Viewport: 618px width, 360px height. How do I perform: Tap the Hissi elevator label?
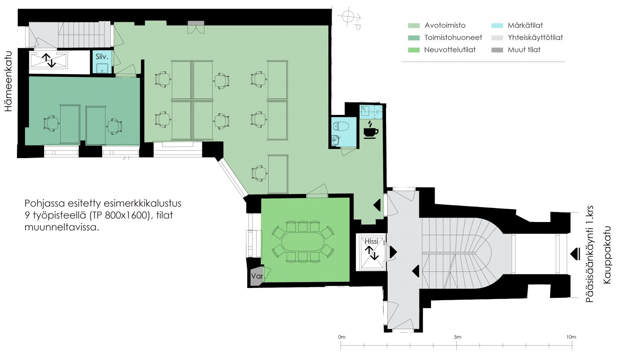[x=371, y=241]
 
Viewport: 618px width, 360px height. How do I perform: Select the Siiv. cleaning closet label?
[x=102, y=57]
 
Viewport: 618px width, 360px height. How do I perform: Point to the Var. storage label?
[x=257, y=276]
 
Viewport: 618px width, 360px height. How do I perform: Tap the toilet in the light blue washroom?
[x=341, y=126]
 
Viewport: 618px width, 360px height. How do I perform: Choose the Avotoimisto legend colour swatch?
[x=414, y=26]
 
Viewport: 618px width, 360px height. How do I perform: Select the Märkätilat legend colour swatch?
[x=497, y=26]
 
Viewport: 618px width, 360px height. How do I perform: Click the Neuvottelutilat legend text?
[x=450, y=50]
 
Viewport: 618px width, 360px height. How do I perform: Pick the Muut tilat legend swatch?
[x=497, y=50]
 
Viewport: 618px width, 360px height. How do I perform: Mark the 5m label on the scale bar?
[x=457, y=337]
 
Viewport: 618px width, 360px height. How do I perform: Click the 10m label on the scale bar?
[x=571, y=337]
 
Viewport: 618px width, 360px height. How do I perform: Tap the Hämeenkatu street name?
[x=9, y=81]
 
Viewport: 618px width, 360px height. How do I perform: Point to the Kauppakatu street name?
[x=607, y=255]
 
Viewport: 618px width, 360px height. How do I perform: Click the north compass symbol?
[x=350, y=18]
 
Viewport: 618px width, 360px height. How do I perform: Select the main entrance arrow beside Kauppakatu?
[x=575, y=254]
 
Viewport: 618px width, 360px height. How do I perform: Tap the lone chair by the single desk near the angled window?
[x=259, y=173]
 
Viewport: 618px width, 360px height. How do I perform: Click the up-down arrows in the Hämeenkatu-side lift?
[x=49, y=60]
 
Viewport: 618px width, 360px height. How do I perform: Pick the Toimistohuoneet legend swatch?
[x=414, y=38]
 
